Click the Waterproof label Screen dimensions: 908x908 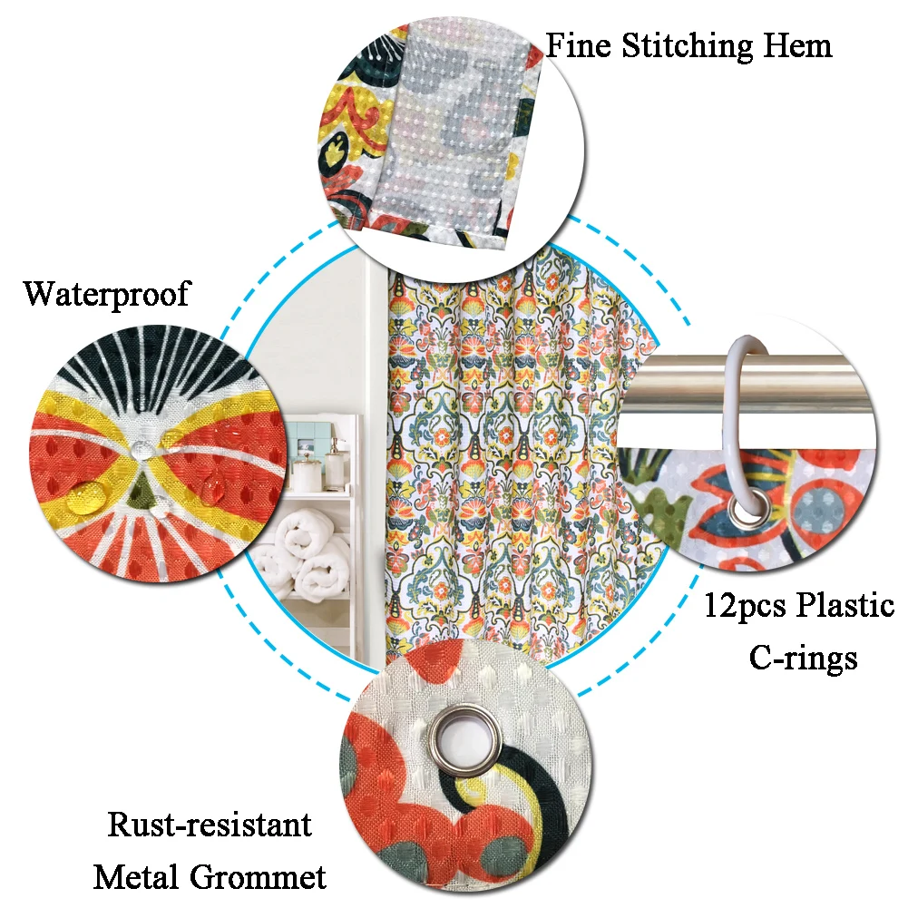(107, 293)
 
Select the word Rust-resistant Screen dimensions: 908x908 (210, 825)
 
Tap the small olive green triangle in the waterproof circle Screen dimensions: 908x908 (140, 494)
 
